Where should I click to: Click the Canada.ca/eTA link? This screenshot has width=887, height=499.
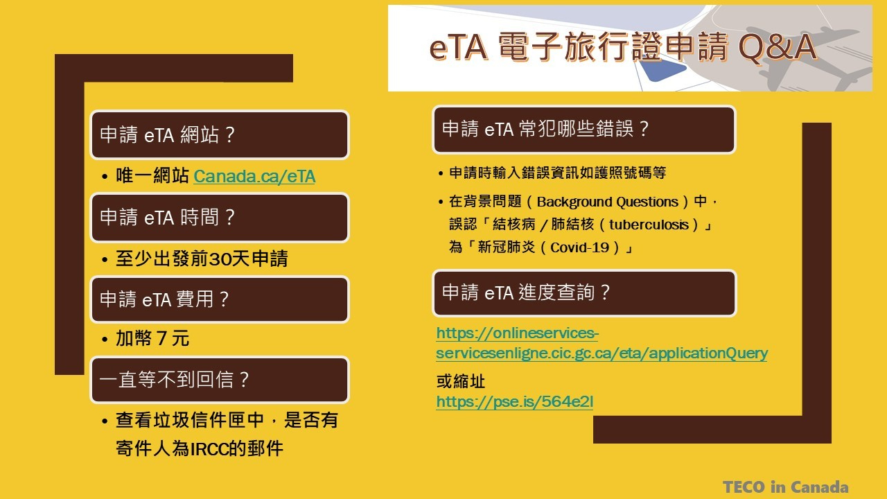[254, 176]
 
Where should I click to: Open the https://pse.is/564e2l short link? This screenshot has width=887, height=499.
[514, 401]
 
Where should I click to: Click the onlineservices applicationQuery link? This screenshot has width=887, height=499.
[601, 343]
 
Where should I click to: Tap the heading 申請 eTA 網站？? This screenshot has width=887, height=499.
[168, 134]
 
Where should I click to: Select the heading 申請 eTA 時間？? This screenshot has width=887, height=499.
[168, 218]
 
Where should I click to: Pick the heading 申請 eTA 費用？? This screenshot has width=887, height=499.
[164, 299]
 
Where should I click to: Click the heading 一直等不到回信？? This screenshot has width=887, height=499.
[174, 379]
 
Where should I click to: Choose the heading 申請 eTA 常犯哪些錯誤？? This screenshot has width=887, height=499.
[545, 129]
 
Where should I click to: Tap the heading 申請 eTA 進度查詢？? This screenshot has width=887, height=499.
[526, 292]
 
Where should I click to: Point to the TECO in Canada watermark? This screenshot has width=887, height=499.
[786, 487]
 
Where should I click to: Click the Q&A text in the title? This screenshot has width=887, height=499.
[778, 47]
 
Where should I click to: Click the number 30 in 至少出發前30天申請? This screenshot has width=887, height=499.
[220, 259]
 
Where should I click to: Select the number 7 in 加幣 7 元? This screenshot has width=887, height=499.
[161, 339]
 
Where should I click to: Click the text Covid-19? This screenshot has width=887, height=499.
[579, 247]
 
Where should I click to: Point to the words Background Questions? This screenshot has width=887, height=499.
[608, 202]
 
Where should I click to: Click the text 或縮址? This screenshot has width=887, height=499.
[461, 381]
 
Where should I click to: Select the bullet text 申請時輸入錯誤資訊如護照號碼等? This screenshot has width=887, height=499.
[558, 173]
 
